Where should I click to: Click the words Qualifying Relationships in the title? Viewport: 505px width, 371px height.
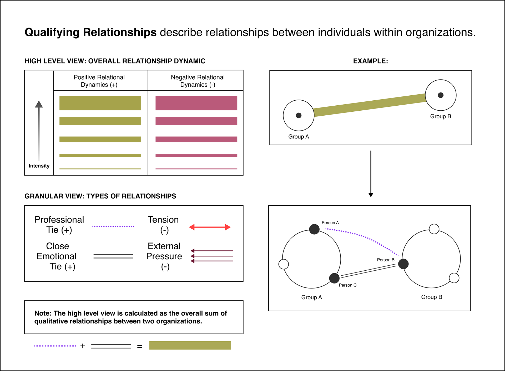coord(90,32)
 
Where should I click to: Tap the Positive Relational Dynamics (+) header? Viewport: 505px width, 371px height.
coord(99,81)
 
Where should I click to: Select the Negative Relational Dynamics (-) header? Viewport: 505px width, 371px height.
coord(198,81)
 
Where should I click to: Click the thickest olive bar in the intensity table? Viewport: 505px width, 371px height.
coord(100,103)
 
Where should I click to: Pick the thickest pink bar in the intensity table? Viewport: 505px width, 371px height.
coord(196,103)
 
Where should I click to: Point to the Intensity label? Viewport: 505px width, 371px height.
coord(39,166)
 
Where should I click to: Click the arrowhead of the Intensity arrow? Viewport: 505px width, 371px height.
coord(39,104)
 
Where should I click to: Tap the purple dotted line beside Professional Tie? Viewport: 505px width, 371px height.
coord(113,226)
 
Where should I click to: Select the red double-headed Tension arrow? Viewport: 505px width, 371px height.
coord(210,227)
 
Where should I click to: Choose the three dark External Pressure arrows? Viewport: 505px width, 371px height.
coord(212,256)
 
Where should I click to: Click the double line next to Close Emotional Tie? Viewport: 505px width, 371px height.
coord(113,256)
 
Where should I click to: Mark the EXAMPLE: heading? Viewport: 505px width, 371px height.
coord(370,61)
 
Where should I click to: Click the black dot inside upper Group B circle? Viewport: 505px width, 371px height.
coord(441,95)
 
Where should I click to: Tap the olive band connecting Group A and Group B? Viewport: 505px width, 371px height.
coord(370,105)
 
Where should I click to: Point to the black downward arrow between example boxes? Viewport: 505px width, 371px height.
coord(371,173)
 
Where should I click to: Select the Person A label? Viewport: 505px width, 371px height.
coord(330,223)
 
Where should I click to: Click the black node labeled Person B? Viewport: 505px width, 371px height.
coord(403,264)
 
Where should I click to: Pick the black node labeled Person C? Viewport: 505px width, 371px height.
coord(334,278)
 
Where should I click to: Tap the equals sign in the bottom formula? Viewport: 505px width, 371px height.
coord(140,347)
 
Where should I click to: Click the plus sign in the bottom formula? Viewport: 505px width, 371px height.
coord(83,346)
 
